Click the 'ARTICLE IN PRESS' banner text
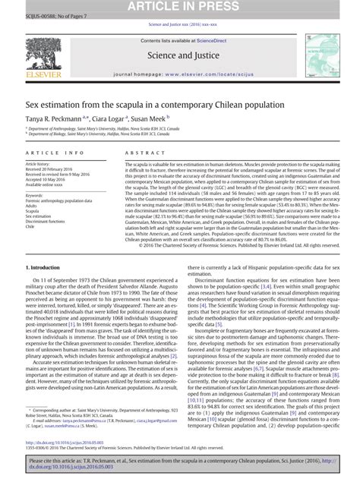click(x=180, y=7)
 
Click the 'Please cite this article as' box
click(x=180, y=465)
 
